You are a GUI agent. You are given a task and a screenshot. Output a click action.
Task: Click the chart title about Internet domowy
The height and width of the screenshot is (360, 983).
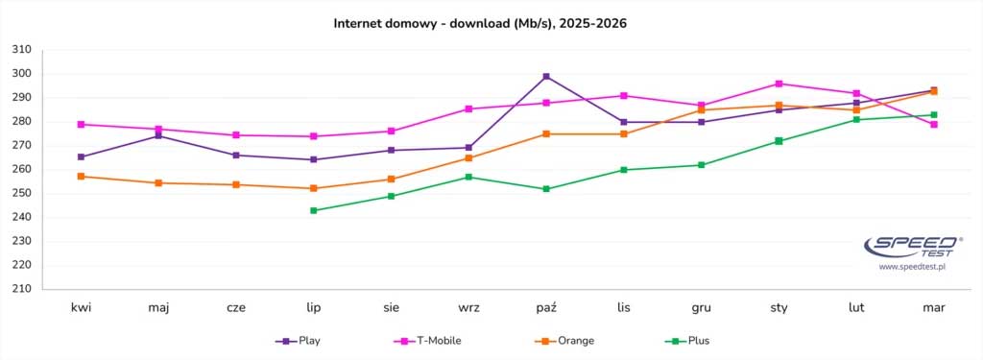pyautogui.click(x=480, y=22)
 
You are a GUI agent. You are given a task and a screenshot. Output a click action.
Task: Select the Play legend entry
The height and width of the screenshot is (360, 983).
pyautogui.click(x=299, y=341)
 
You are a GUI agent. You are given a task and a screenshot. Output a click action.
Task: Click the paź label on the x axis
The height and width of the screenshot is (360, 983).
pyautogui.click(x=546, y=308)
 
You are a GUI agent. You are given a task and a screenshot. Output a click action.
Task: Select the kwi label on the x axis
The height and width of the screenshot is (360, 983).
pyautogui.click(x=82, y=308)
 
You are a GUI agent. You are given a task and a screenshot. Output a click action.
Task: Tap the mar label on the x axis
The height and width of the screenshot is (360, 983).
pyautogui.click(x=933, y=308)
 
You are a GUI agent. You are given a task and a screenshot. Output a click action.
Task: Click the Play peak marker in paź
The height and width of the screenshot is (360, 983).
pyautogui.click(x=546, y=77)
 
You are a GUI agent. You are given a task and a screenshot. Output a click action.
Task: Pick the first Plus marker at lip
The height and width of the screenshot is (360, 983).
pyautogui.click(x=314, y=210)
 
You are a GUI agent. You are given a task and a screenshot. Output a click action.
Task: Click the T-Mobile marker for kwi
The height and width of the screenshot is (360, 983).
pyautogui.click(x=82, y=124)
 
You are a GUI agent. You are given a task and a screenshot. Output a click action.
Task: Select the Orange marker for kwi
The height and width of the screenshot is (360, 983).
pyautogui.click(x=82, y=177)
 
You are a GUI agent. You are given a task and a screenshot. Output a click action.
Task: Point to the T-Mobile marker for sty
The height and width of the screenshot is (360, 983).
pyautogui.click(x=779, y=84)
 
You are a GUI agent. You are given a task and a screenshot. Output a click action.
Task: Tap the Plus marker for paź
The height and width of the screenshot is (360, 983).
pyautogui.click(x=546, y=189)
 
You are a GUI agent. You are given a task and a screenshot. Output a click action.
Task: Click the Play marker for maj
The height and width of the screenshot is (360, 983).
pyautogui.click(x=159, y=135)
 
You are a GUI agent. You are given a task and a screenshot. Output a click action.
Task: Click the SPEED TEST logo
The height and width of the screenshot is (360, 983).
pyautogui.click(x=912, y=247)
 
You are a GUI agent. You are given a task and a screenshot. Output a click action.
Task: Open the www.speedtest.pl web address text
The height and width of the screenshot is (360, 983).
pyautogui.click(x=912, y=267)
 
